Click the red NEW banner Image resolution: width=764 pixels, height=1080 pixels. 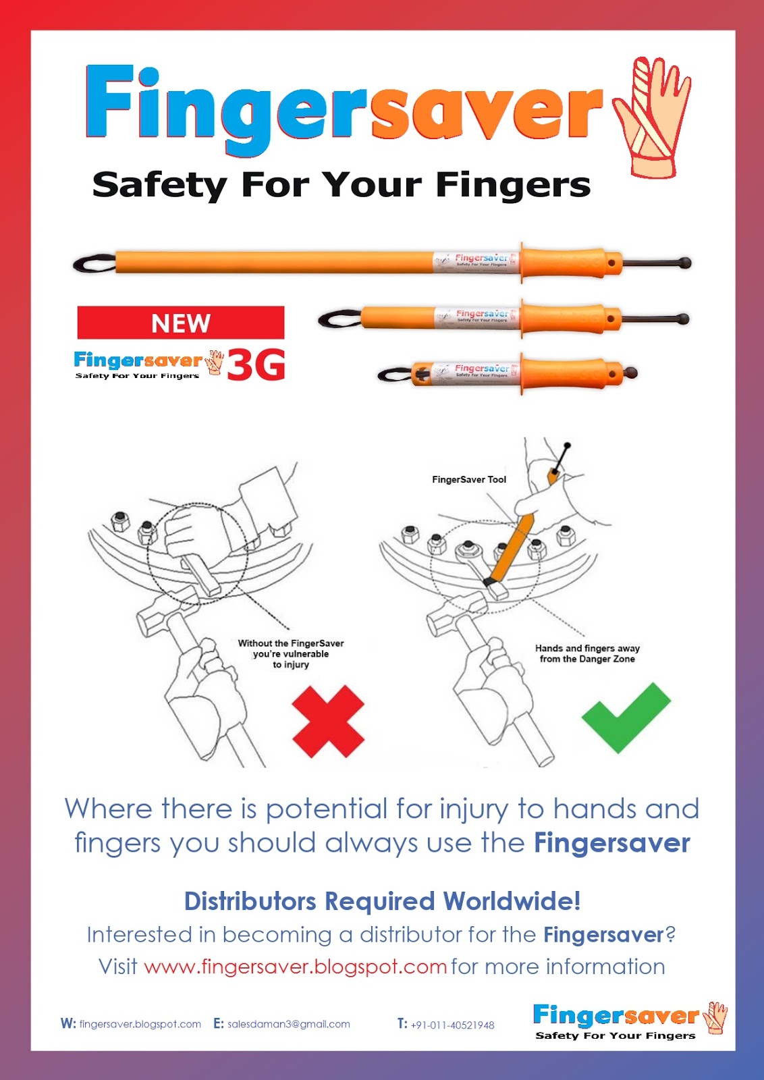180,323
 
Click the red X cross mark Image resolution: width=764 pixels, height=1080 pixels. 328,721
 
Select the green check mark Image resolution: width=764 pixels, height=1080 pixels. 625,717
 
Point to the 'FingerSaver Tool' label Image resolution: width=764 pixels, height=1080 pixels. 469,479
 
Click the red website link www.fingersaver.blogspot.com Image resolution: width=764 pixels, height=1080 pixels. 295,967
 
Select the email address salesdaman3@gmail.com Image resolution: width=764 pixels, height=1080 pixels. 289,1024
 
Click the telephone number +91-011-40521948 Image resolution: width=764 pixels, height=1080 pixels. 452,1025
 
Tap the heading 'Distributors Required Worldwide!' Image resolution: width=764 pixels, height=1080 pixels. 382,901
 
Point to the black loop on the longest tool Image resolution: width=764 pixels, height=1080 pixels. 93,263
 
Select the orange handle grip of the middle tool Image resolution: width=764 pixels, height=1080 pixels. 564,318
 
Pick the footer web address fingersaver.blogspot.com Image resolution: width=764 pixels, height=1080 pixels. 140,1024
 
